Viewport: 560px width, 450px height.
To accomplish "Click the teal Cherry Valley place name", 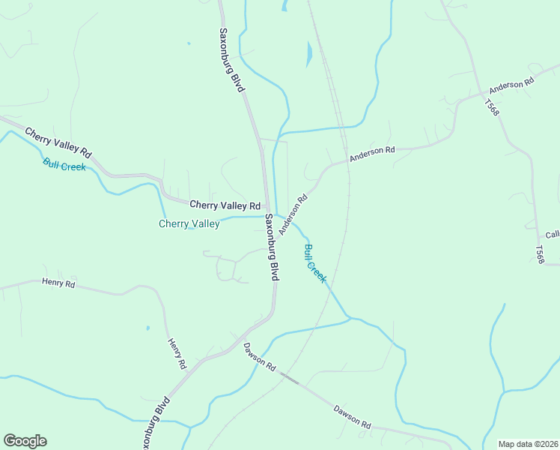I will coord(189,223).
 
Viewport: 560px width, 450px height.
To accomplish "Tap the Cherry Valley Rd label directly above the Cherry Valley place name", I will coord(225,205).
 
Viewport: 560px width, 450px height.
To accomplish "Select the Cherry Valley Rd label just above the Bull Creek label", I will coord(58,142).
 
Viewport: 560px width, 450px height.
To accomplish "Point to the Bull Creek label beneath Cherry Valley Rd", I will coord(64,164).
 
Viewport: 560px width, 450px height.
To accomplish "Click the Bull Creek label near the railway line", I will coord(315,263).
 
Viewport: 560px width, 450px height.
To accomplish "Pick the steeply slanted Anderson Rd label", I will coord(293,215).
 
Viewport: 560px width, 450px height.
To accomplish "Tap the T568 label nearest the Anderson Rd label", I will coord(492,106).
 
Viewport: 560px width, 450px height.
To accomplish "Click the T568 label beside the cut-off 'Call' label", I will coord(539,253).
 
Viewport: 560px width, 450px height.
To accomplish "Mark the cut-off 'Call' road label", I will coord(553,235).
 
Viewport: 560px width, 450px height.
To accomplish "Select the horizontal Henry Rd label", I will coord(58,283).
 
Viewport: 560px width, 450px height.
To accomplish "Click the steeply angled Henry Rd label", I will coord(176,352).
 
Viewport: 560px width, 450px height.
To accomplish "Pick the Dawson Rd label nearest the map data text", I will coord(352,416).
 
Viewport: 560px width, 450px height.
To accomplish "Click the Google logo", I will coord(25,441).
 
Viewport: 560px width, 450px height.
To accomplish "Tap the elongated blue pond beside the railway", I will coord(308,53).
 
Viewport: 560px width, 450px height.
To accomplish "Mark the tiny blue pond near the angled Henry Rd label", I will coord(147,328).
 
